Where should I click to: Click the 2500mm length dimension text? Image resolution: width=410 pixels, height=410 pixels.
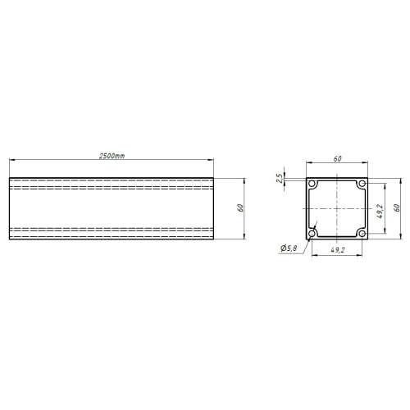point(112,156)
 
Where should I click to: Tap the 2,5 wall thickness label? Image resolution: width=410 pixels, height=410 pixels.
point(279,178)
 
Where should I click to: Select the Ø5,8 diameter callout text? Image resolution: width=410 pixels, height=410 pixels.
point(289,248)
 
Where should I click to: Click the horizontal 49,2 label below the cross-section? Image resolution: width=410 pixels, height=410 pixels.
point(338,250)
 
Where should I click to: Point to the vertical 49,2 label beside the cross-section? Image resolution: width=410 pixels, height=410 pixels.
point(380,212)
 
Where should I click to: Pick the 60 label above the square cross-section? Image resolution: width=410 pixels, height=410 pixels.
point(337,159)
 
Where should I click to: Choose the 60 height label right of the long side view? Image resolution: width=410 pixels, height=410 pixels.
point(240,208)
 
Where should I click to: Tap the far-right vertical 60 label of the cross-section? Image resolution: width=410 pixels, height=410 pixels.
point(397,208)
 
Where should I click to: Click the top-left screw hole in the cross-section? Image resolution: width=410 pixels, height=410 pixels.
point(312,184)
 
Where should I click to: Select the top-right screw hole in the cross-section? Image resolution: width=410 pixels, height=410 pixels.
point(362,184)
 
